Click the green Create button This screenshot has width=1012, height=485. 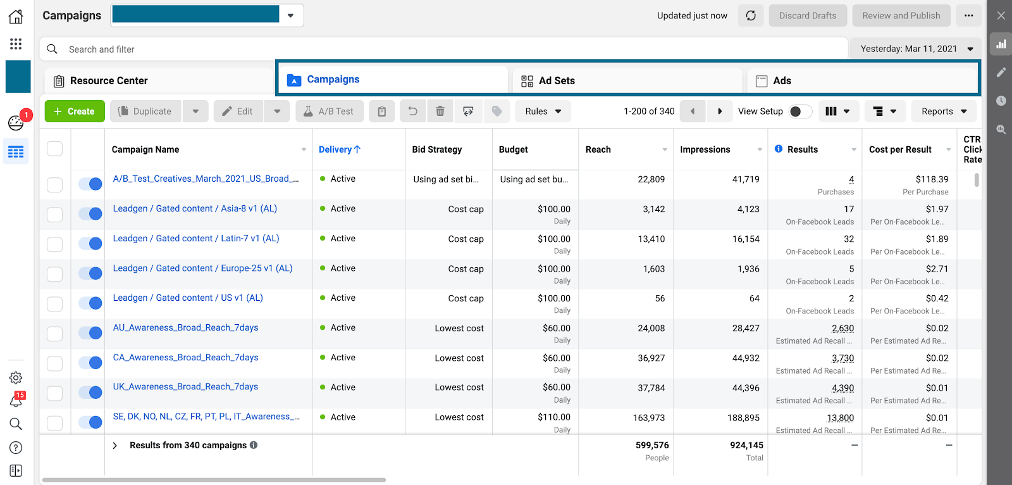(75, 111)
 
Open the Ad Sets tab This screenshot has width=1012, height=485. (557, 81)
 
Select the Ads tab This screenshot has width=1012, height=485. (782, 81)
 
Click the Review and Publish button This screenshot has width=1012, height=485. (901, 16)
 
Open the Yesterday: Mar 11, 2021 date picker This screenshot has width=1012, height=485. (915, 49)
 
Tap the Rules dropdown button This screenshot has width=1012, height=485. (543, 111)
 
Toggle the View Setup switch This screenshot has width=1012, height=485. (799, 111)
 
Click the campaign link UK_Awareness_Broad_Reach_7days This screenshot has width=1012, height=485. (185, 387)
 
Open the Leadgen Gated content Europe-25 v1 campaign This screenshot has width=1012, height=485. (202, 268)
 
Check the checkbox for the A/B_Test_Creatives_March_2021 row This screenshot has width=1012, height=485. (55, 184)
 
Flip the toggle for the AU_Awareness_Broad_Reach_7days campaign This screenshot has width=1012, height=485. (90, 333)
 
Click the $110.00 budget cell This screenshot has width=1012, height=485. (553, 417)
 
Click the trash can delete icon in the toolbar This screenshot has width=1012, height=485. (440, 111)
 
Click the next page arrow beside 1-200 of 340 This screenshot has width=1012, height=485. (719, 111)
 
